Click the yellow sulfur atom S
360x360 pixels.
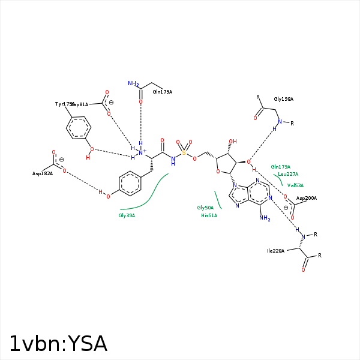tap(184, 153)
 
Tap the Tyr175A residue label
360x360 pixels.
tap(64, 104)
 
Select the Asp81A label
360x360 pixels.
tap(80, 104)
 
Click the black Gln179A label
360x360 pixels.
tap(162, 92)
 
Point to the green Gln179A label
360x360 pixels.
tap(280, 167)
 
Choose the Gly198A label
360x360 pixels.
tap(283, 99)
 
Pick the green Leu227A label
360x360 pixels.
tap(288, 174)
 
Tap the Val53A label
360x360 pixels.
tap(295, 185)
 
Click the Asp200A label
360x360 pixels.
tap(306, 198)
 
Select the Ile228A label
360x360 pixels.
tap(276, 251)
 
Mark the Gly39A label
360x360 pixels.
tap(127, 215)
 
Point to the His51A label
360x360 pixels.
tap(209, 215)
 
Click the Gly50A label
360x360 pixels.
tap(205, 208)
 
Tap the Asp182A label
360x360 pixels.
tap(43, 173)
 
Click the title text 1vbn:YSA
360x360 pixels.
tap(58, 344)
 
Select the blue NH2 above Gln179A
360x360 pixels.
tap(133, 84)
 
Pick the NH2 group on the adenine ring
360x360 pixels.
tap(265, 218)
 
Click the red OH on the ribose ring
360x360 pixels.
tap(233, 142)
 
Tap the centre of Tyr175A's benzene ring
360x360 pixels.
tap(79, 128)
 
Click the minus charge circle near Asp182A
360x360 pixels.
tap(61, 160)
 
